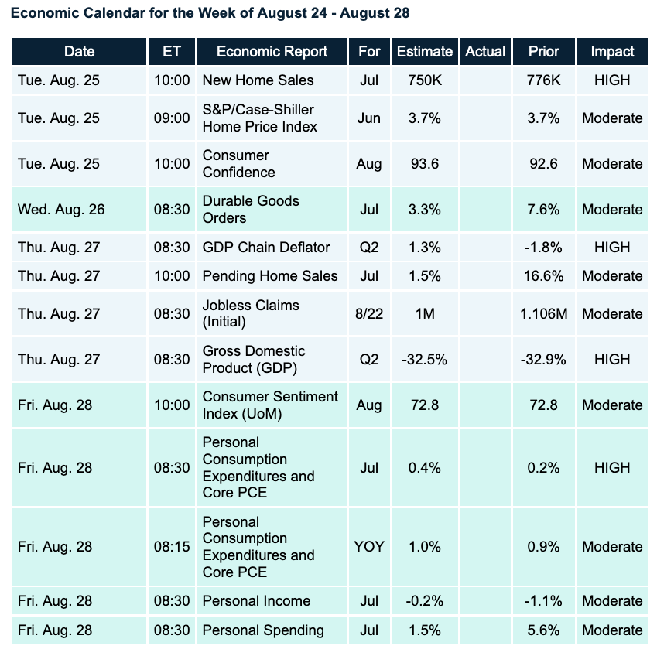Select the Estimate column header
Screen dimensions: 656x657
click(425, 52)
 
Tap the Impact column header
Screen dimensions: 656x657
click(612, 52)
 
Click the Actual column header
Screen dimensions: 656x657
click(485, 52)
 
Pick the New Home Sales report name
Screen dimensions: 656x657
click(258, 80)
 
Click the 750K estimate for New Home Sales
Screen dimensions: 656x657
click(425, 80)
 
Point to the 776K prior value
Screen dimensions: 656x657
click(543, 80)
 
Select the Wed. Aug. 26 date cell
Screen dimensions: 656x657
click(61, 209)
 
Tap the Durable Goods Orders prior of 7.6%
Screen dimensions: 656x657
click(543, 209)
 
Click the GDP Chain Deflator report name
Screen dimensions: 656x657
click(266, 248)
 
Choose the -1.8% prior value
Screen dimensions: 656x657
click(543, 248)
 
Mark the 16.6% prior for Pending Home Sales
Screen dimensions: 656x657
click(543, 276)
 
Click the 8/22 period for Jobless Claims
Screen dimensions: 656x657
click(370, 313)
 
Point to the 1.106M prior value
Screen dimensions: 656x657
click(543, 313)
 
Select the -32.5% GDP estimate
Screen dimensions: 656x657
click(425, 359)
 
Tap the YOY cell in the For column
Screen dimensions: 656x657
click(370, 546)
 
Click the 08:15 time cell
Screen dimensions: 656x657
click(171, 546)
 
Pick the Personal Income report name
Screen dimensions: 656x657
click(256, 601)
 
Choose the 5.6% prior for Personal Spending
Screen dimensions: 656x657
click(543, 630)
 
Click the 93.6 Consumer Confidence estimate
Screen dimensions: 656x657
click(425, 163)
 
